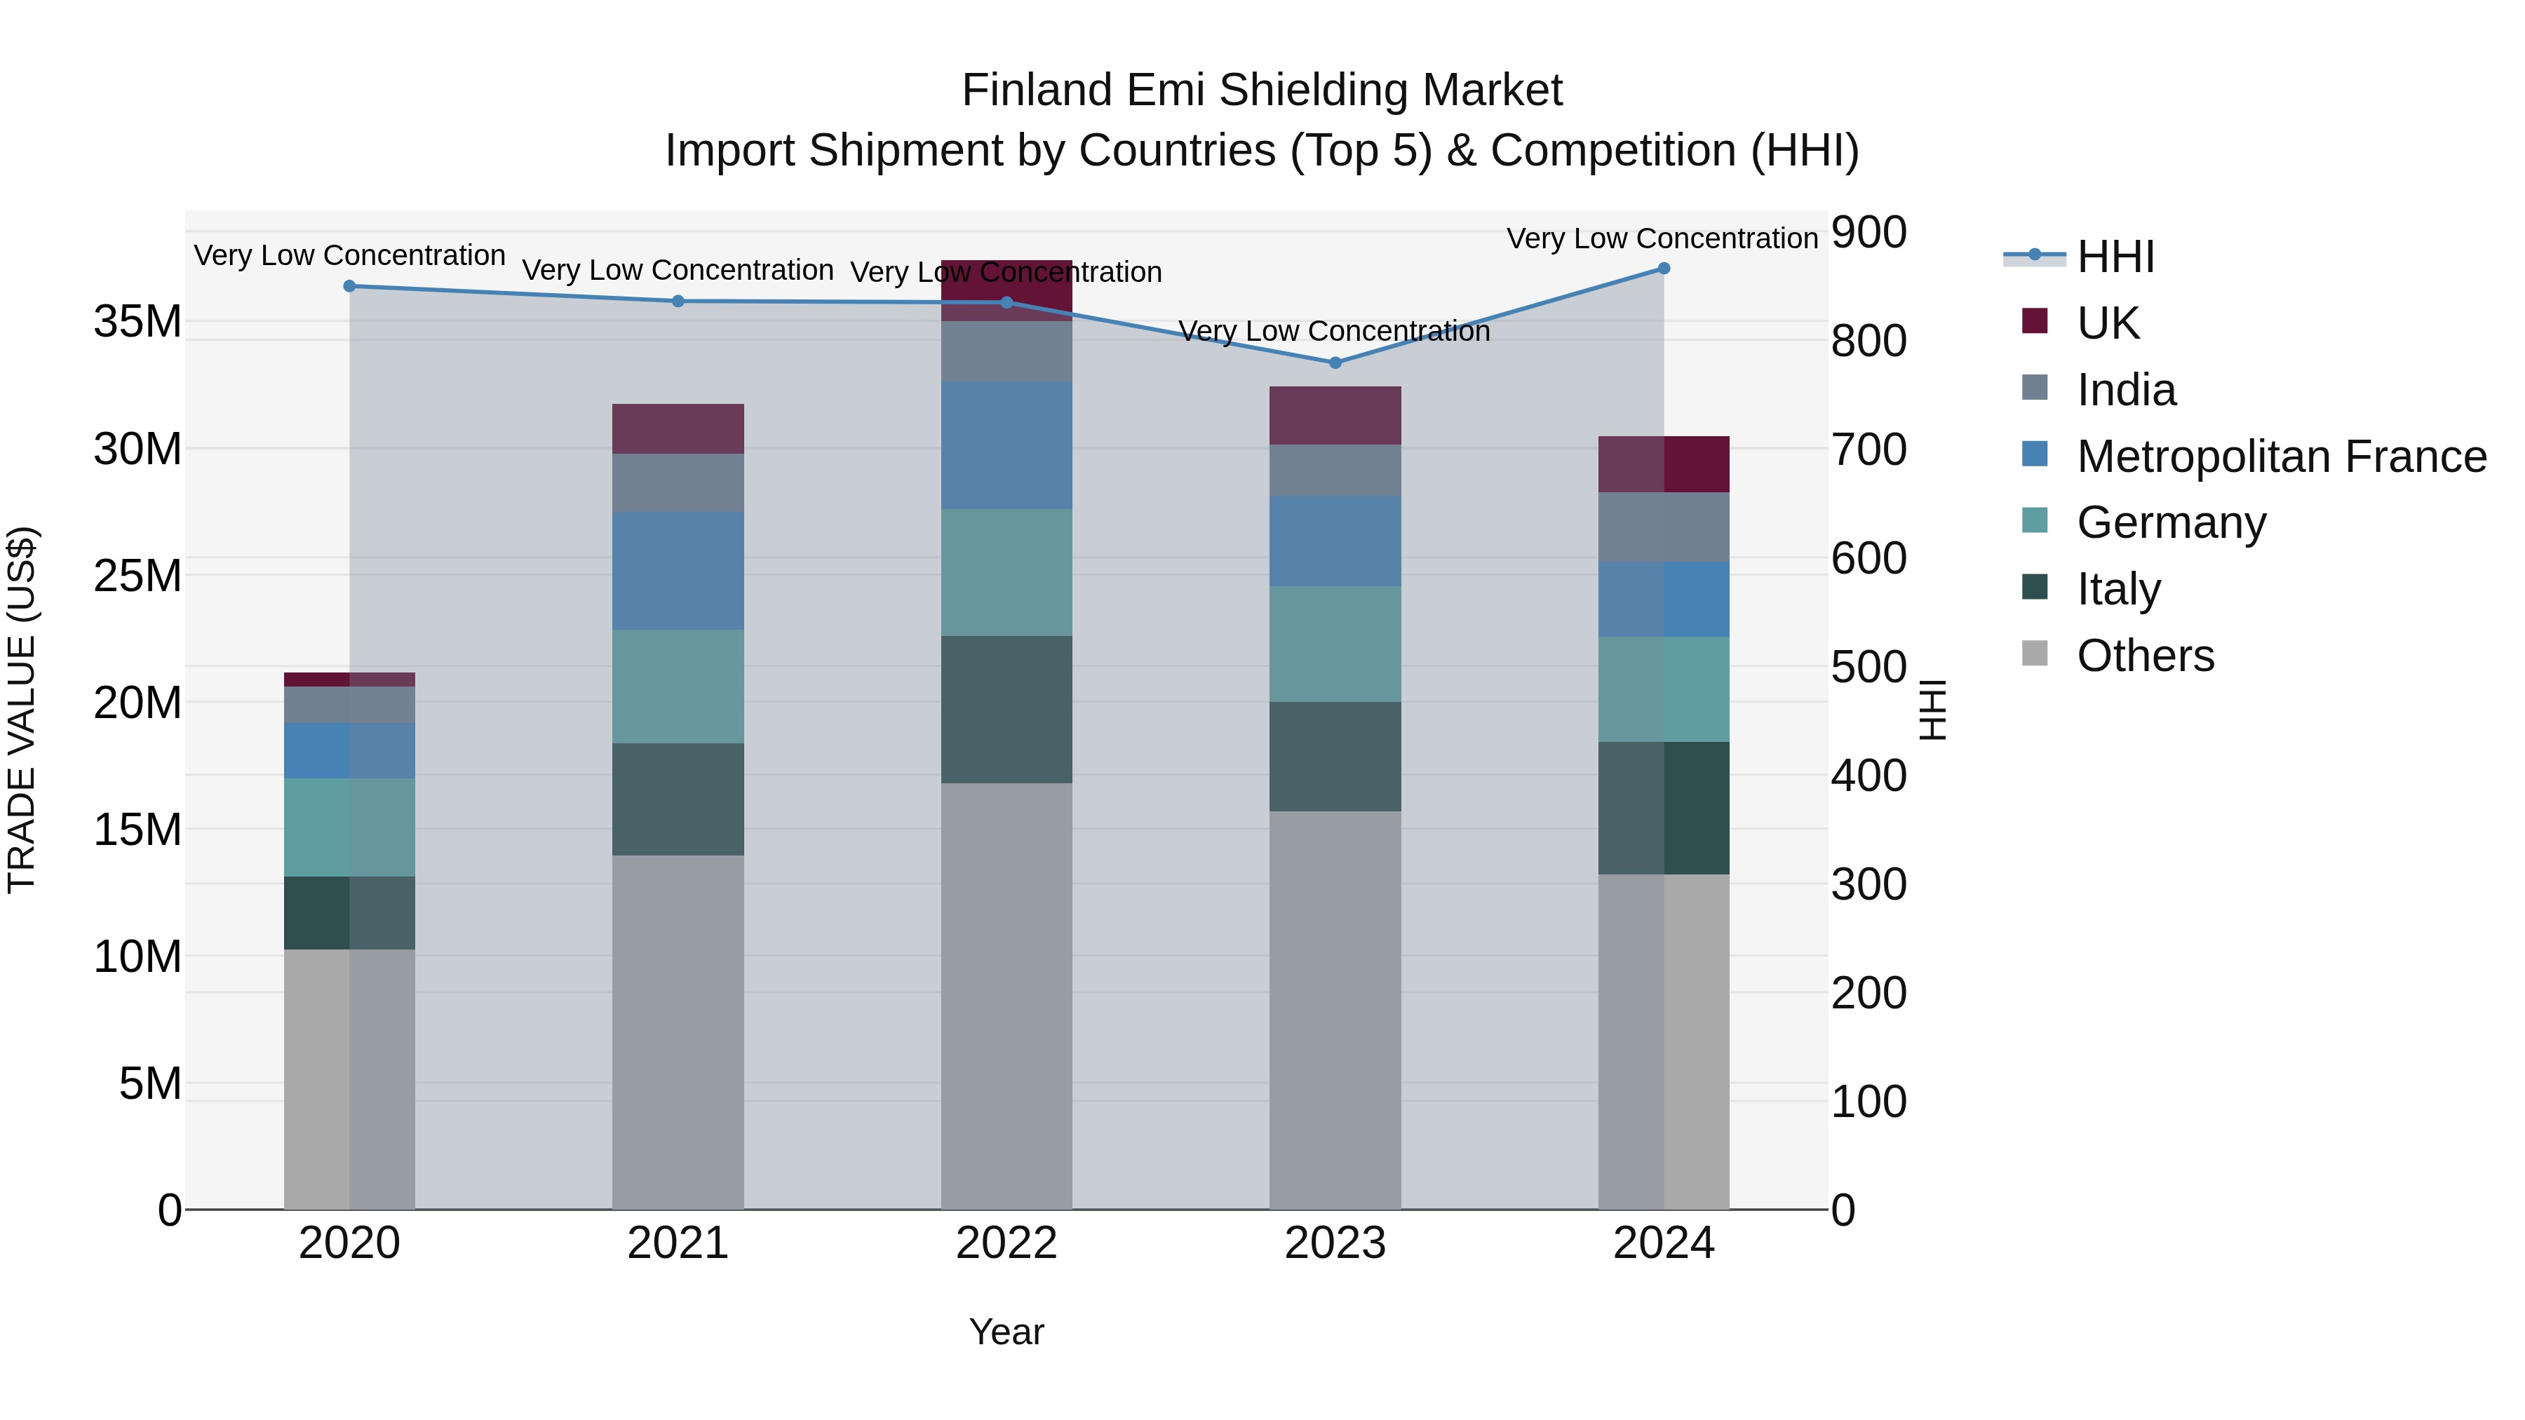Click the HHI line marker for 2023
coord(1334,363)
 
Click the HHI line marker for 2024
coord(1664,269)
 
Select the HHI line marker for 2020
coord(350,286)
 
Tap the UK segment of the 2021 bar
coord(678,428)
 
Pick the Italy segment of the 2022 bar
coord(1006,710)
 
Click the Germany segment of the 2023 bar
coord(1334,644)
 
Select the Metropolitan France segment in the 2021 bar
coord(678,570)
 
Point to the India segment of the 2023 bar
coord(1334,471)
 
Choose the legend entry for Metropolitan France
coord(2281,457)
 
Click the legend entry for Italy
coord(2118,589)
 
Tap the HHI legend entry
coord(2115,257)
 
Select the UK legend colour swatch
coord(2035,321)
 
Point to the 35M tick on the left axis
coord(137,321)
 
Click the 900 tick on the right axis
coord(1868,234)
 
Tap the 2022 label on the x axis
coord(1006,1243)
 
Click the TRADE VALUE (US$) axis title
coord(22,710)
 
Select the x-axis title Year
coord(1006,1332)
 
